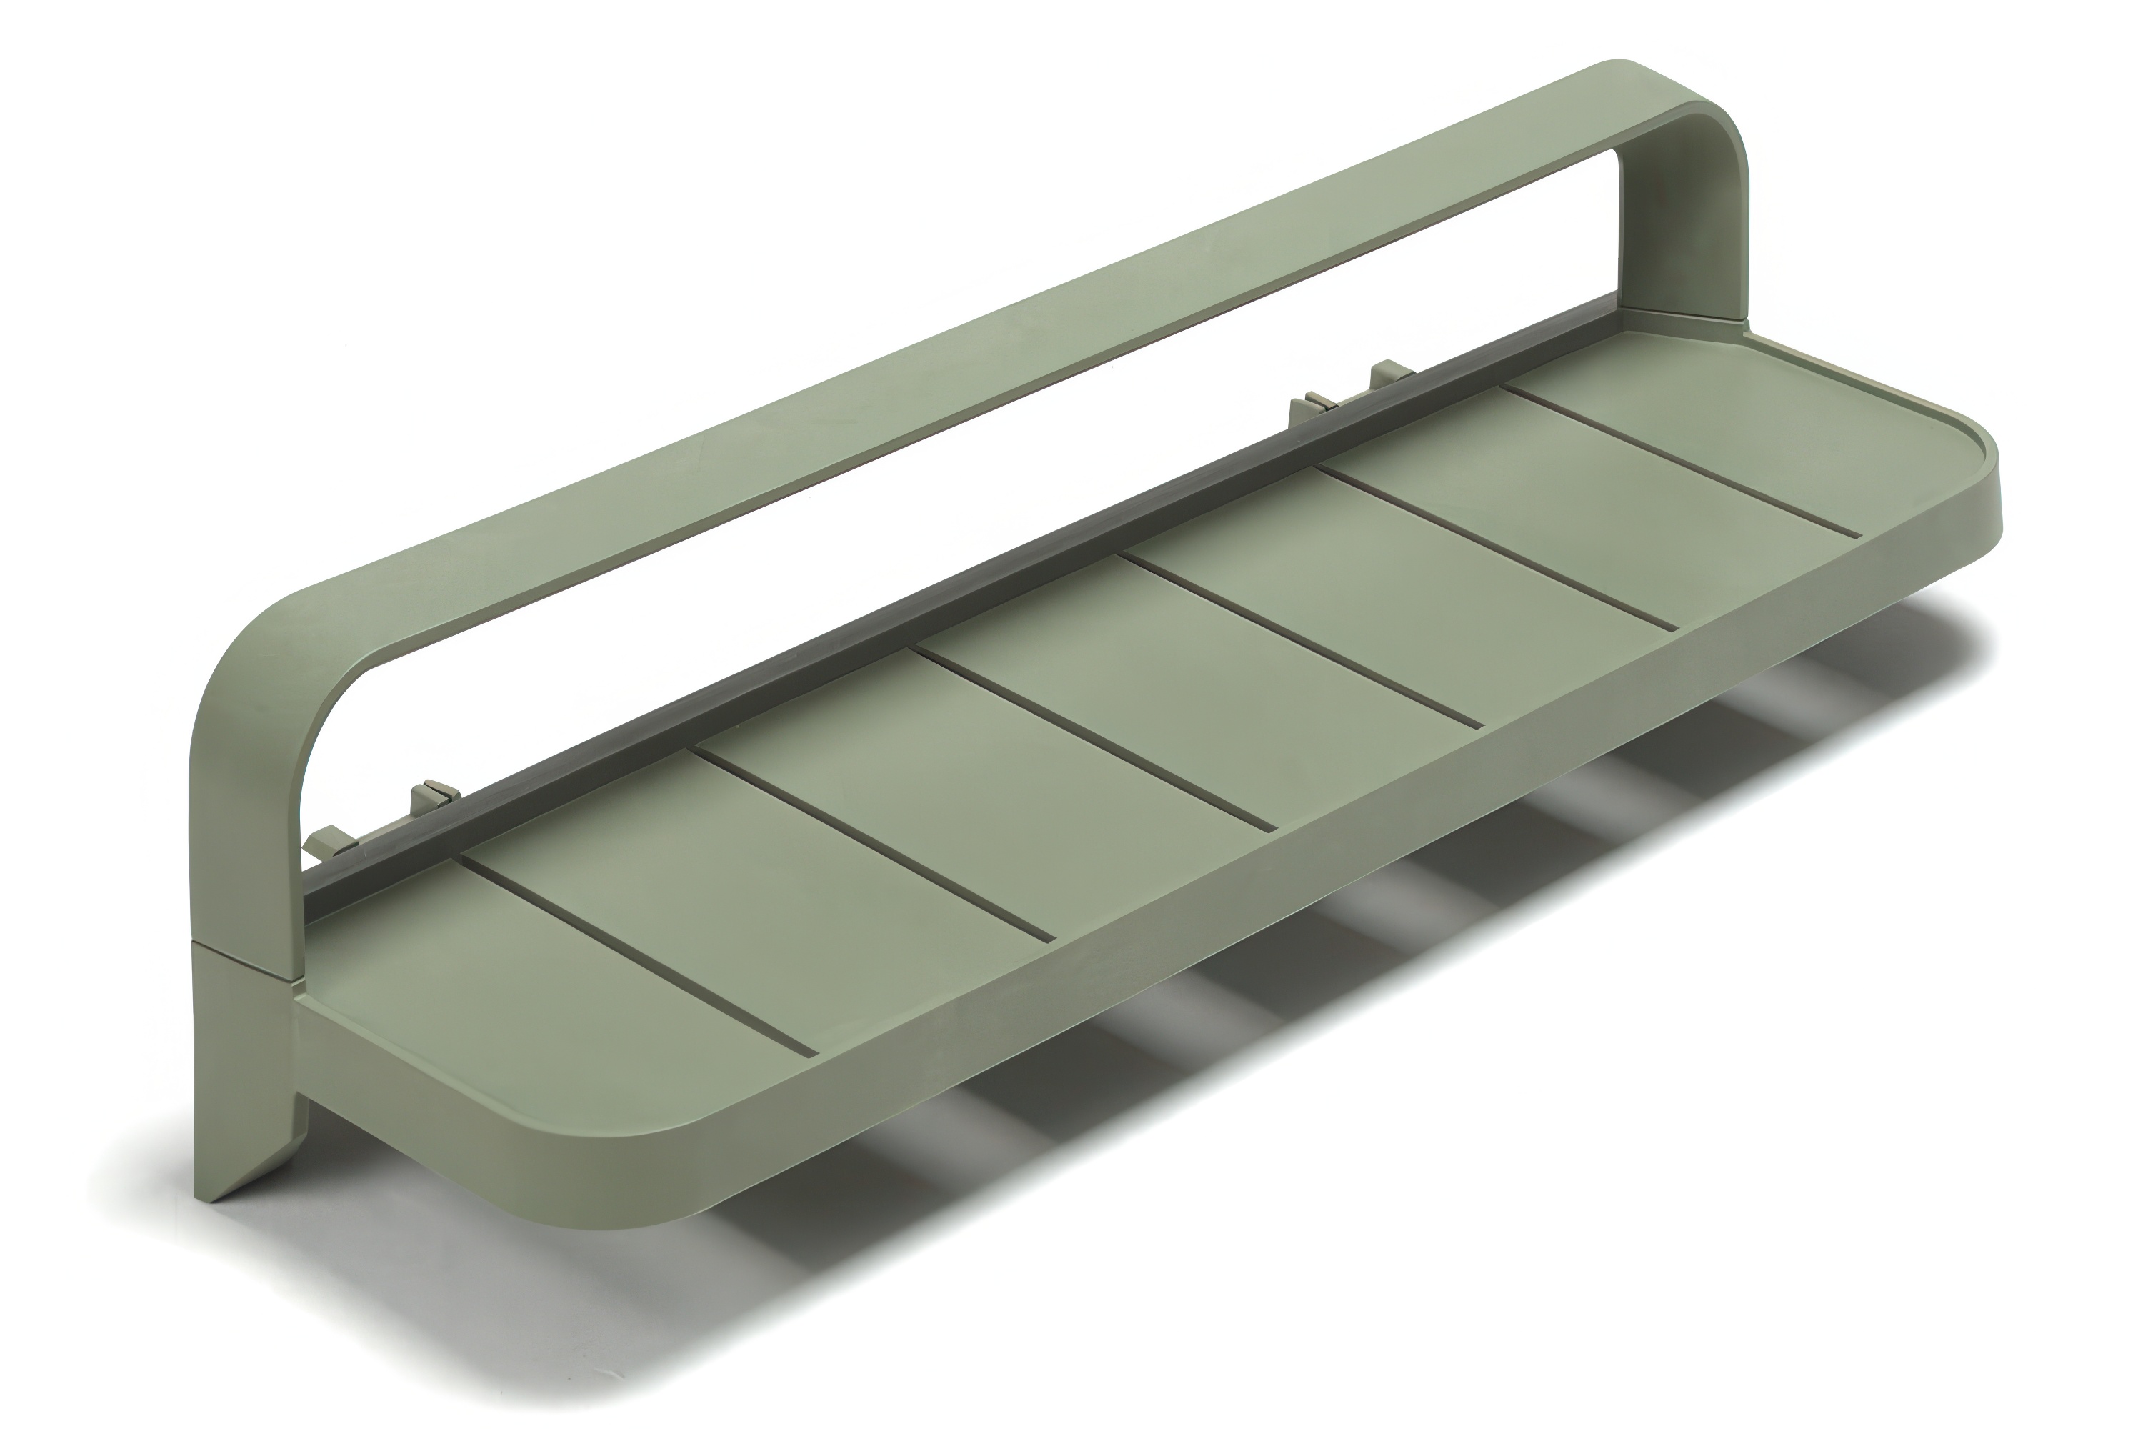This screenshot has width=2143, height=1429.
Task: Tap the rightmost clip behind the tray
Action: pyautogui.click(x=1387, y=373)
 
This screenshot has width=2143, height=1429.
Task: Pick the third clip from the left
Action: pyautogui.click(x=1310, y=407)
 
